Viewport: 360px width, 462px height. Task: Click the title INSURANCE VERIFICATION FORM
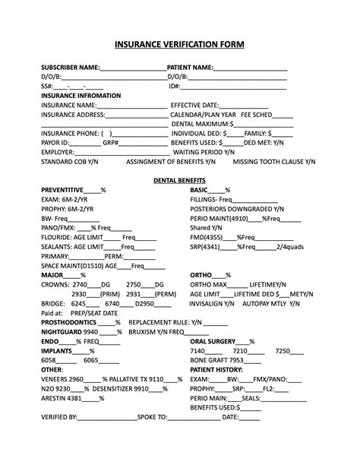179,45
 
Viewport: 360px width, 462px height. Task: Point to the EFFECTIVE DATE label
195,105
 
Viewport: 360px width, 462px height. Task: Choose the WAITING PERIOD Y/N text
205,152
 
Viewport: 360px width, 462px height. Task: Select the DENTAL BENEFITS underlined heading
179,180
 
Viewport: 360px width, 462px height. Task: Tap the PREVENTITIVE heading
62,189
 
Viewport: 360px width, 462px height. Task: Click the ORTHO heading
201,275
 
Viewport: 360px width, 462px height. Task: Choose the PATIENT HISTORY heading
216,369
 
